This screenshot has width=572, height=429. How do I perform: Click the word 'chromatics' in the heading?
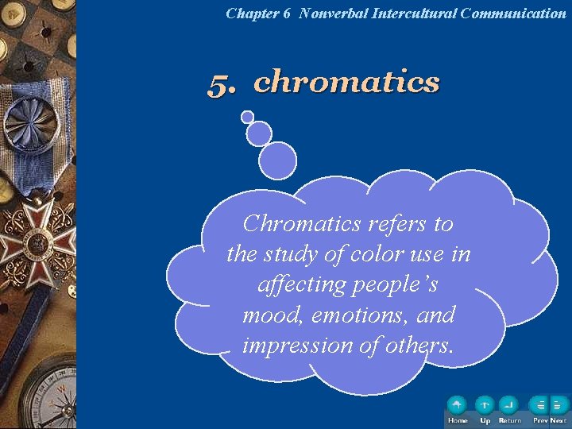pyautogui.click(x=346, y=81)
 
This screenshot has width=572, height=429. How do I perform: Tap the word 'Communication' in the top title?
pyautogui.click(x=513, y=14)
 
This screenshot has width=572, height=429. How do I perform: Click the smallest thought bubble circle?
pyautogui.click(x=248, y=117)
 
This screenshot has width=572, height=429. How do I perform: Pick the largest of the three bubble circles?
pyautogui.click(x=277, y=160)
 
